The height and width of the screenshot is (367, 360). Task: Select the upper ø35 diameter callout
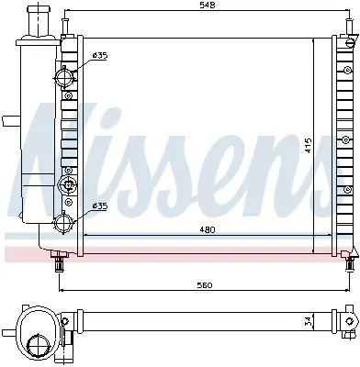[x=99, y=56]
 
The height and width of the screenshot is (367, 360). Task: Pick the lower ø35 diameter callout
[x=99, y=206]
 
